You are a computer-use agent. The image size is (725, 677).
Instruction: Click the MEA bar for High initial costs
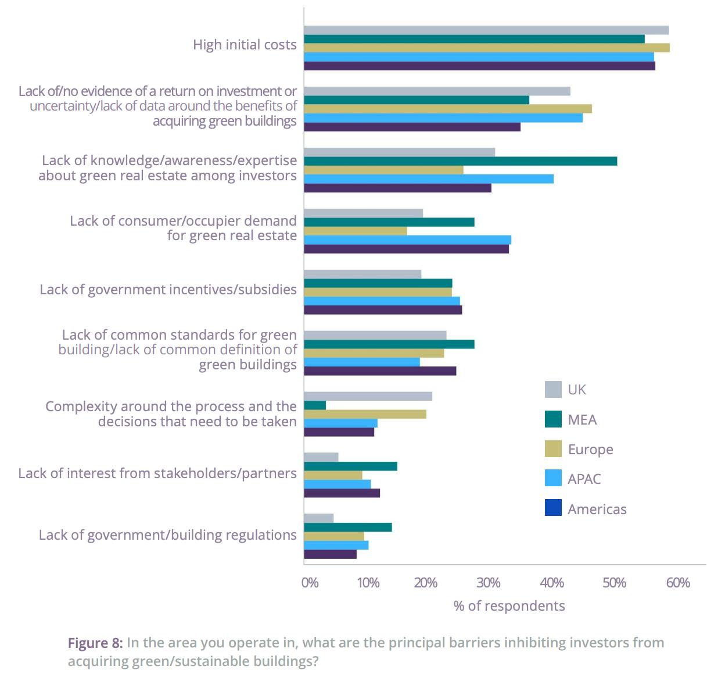pyautogui.click(x=474, y=39)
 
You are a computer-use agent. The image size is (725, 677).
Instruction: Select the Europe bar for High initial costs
pyautogui.click(x=486, y=48)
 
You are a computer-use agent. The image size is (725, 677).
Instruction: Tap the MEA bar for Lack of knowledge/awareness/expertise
pyautogui.click(x=460, y=161)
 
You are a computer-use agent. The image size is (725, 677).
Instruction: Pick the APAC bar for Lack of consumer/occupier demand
pyautogui.click(x=407, y=240)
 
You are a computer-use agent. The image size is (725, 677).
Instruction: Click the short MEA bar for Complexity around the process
pyautogui.click(x=315, y=405)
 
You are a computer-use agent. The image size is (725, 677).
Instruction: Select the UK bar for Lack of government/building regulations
pyautogui.click(x=318, y=518)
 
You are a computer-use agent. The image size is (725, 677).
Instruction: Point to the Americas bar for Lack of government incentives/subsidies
pyautogui.click(x=383, y=310)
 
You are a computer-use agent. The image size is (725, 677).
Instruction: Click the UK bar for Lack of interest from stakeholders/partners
pyautogui.click(x=321, y=457)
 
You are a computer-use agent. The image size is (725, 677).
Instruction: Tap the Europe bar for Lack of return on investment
pyautogui.click(x=447, y=109)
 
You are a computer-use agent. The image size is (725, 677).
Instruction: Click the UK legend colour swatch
pyautogui.click(x=553, y=390)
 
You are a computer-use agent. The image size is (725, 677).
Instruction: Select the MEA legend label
pyautogui.click(x=582, y=420)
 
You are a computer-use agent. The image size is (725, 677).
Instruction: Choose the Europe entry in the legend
pyautogui.click(x=590, y=450)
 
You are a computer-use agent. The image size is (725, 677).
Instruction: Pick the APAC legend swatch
pyautogui.click(x=553, y=478)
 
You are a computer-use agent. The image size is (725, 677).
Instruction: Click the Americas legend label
pyautogui.click(x=597, y=509)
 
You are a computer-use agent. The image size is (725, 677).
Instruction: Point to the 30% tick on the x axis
pyautogui.click(x=489, y=583)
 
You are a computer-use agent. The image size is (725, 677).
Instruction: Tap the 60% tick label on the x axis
pyautogui.click(x=677, y=583)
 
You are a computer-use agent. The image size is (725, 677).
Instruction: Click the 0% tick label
pyautogui.click(x=310, y=583)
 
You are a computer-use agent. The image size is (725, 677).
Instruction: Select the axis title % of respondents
pyautogui.click(x=509, y=606)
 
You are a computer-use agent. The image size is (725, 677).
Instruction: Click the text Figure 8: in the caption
pyautogui.click(x=95, y=643)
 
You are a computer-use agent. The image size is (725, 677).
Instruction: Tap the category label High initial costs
pyautogui.click(x=245, y=45)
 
